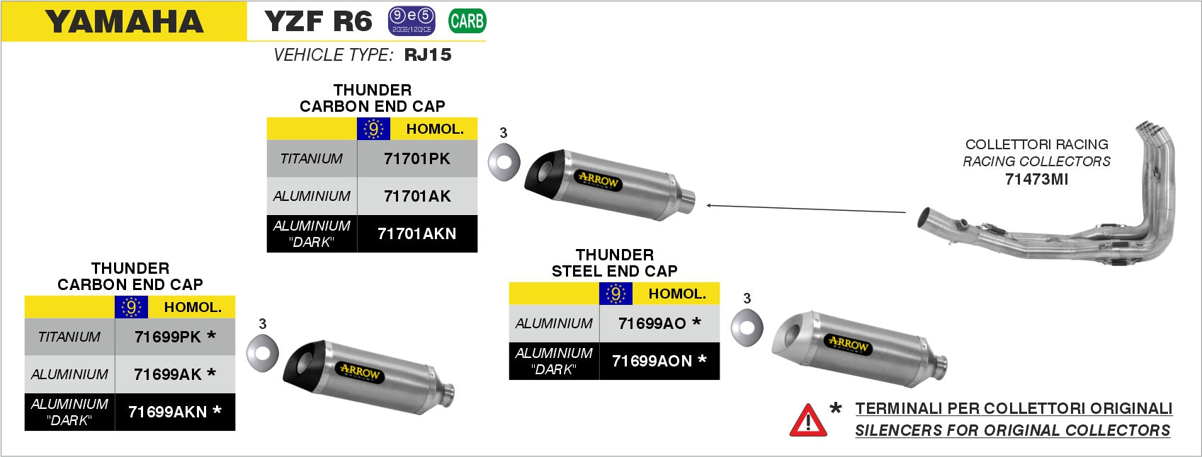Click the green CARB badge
[467, 21]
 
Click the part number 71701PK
[416, 159]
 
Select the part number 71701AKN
[416, 233]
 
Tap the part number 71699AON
[652, 361]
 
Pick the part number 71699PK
[168, 337]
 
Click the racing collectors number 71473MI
[1036, 180]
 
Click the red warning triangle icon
[807, 420]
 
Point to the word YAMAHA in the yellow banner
[124, 22]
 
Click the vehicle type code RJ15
[428, 55]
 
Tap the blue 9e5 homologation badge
[412, 21]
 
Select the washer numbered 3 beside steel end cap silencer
[747, 328]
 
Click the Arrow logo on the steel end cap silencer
[848, 345]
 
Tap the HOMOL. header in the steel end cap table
[677, 294]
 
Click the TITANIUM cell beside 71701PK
[312, 159]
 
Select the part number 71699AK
[168, 374]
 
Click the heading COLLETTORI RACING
[1036, 144]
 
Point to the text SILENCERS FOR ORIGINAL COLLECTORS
[1012, 430]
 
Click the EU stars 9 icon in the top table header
[373, 129]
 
